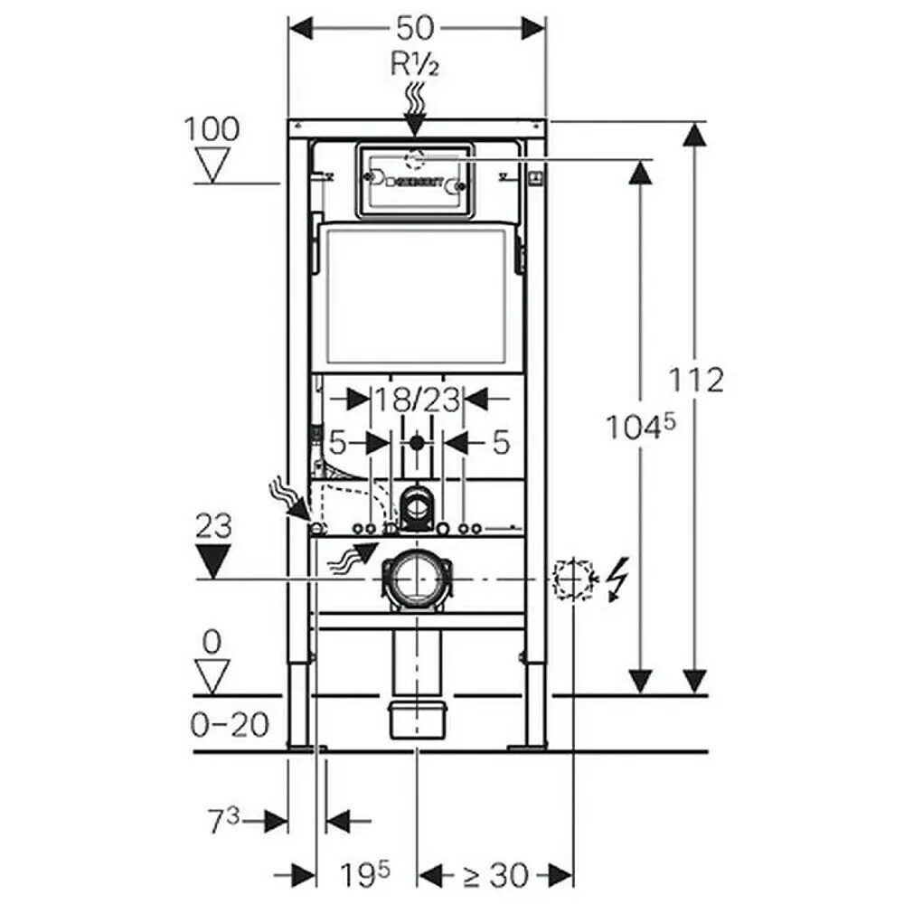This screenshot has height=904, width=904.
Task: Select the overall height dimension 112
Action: click(x=698, y=380)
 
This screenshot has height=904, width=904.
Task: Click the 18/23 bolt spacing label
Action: click(x=417, y=399)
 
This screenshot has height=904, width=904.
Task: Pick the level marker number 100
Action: click(x=212, y=129)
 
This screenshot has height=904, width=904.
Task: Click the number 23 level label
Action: click(x=212, y=526)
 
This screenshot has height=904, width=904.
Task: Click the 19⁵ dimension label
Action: click(x=365, y=874)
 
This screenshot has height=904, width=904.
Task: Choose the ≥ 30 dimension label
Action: click(x=495, y=874)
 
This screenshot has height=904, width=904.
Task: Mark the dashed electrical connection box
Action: click(x=571, y=578)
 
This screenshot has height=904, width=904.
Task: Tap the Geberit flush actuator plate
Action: click(x=415, y=181)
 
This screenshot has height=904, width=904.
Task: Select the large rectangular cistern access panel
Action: click(x=415, y=296)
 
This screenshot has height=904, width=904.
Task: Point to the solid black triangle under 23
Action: click(x=214, y=561)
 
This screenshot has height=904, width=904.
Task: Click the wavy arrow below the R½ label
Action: click(x=415, y=98)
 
